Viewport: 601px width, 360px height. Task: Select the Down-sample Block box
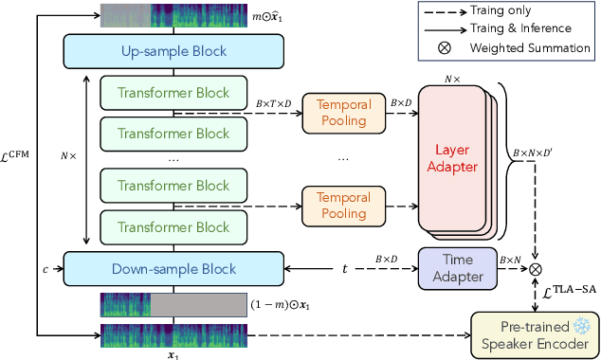tap(173, 267)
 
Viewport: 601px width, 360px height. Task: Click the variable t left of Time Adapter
tap(346, 268)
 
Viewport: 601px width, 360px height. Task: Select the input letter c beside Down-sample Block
tap(45, 268)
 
